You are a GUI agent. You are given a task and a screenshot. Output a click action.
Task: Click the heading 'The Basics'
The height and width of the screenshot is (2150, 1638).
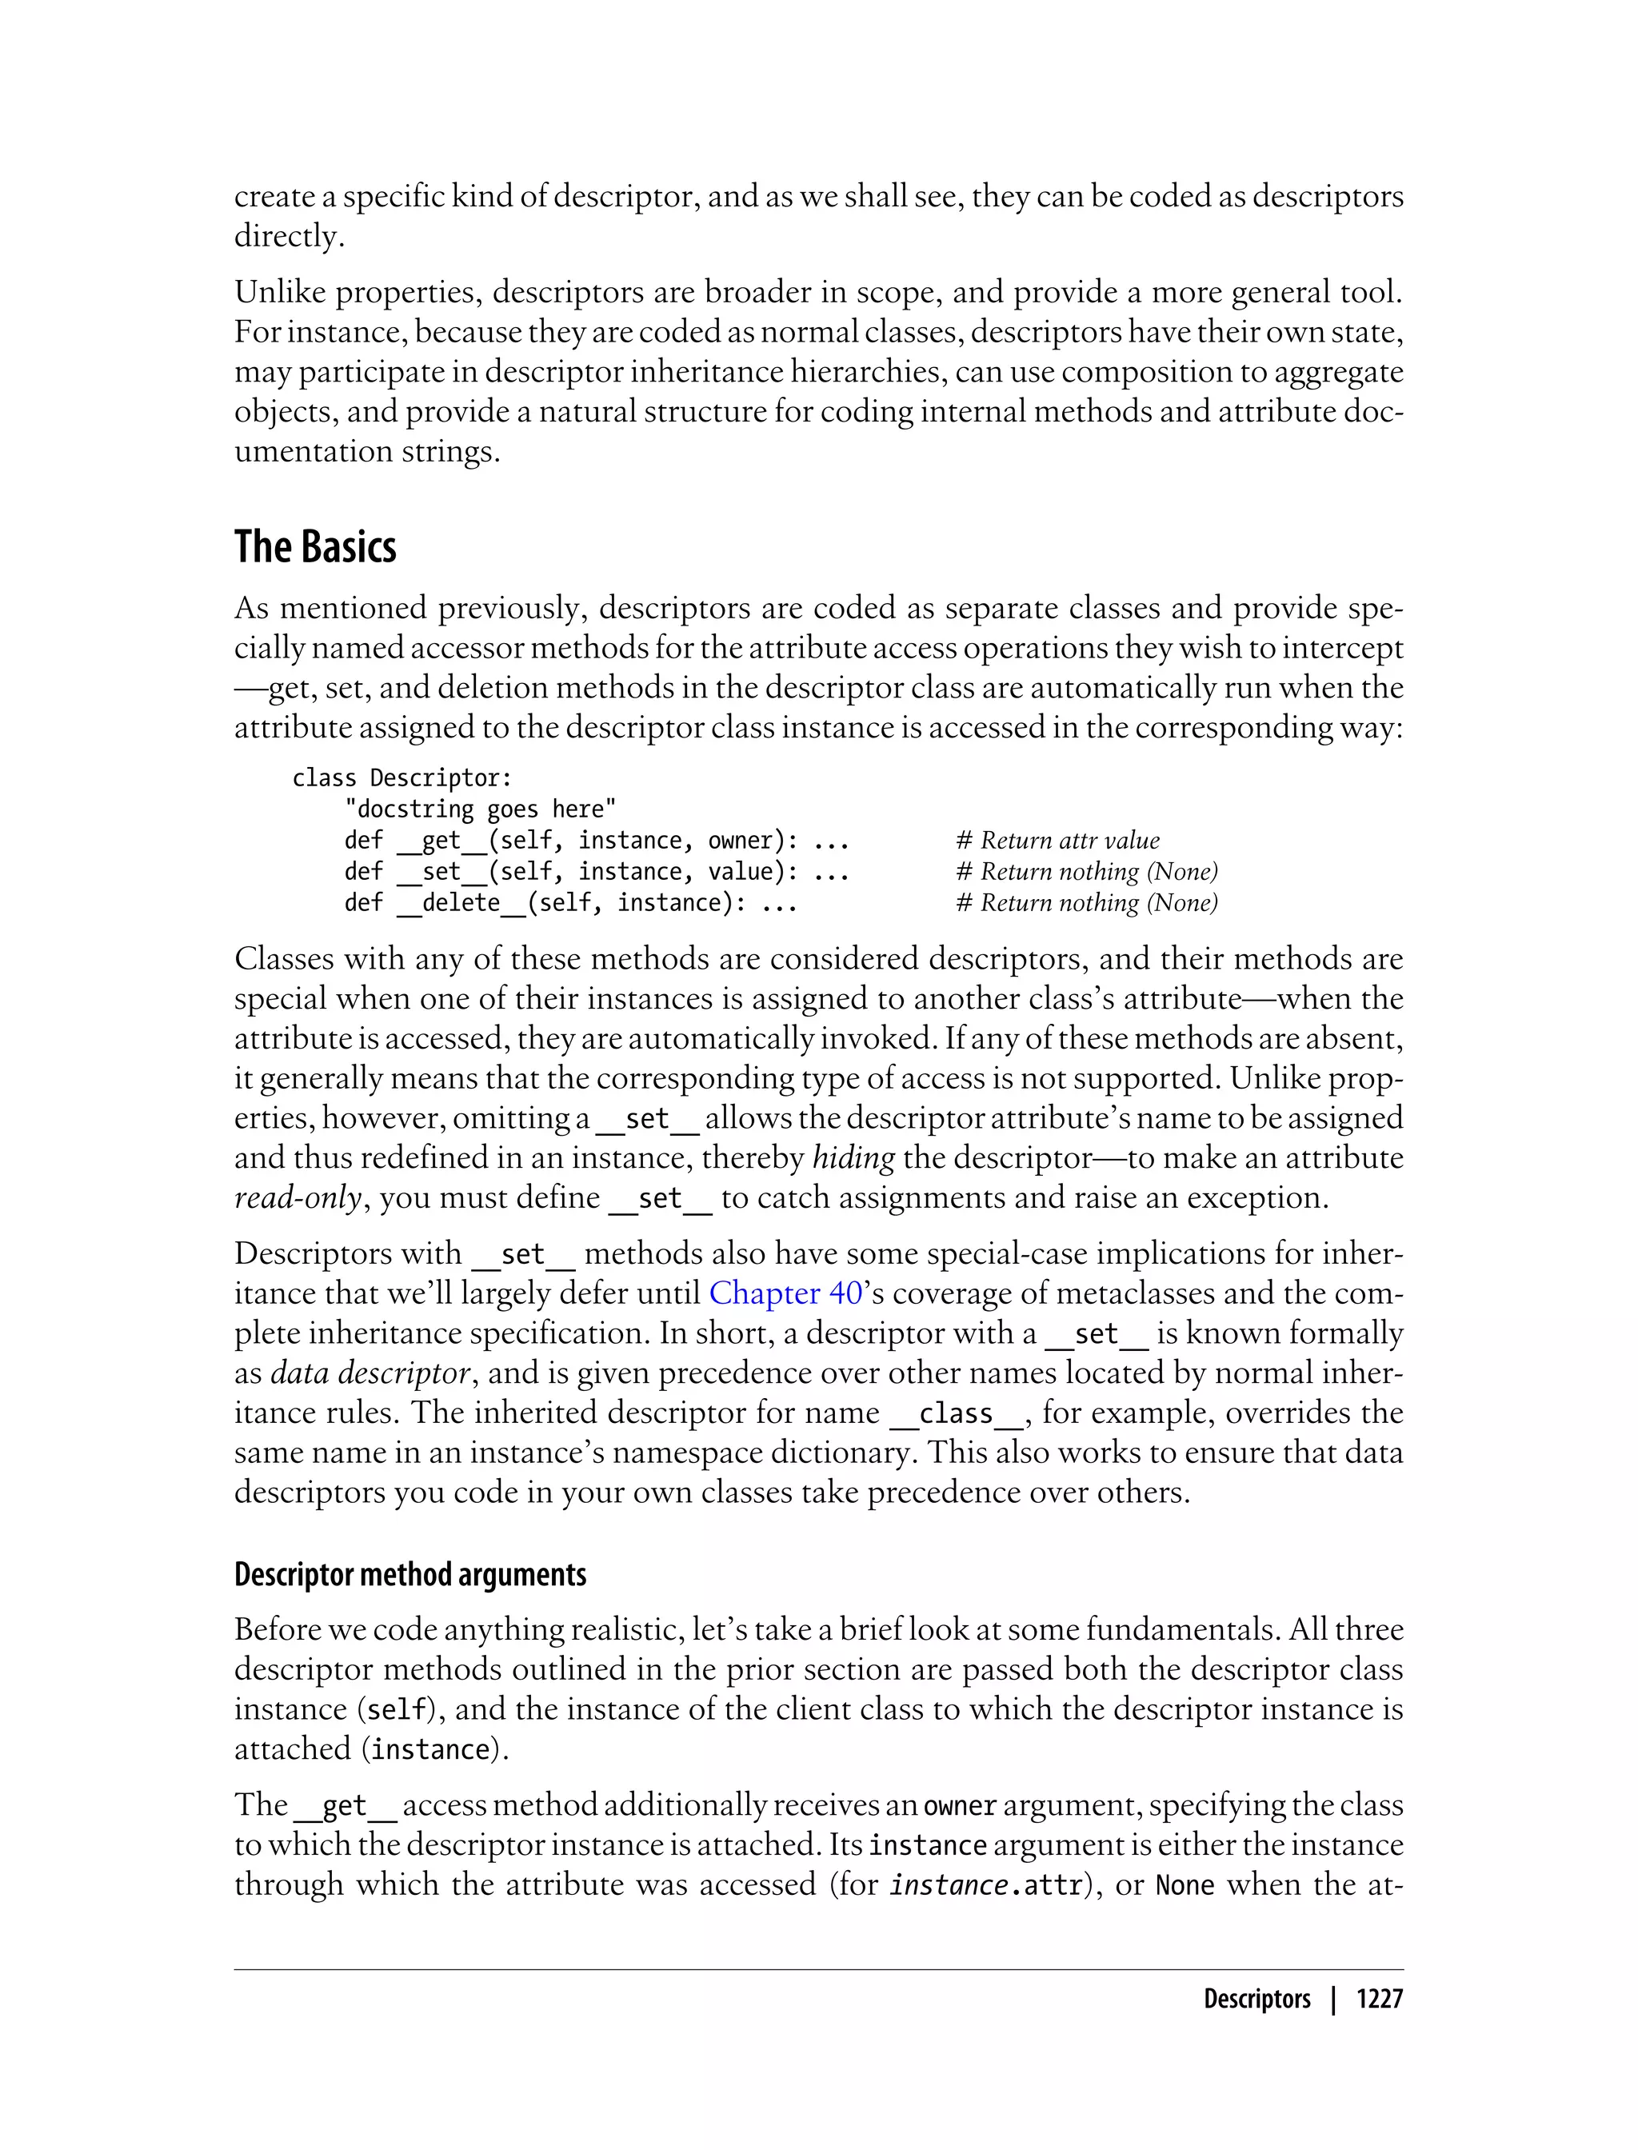[315, 547]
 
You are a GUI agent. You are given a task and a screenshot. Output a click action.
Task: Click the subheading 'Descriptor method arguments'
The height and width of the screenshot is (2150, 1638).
[410, 1574]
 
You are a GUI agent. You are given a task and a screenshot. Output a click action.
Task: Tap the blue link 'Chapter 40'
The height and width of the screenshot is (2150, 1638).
[785, 1293]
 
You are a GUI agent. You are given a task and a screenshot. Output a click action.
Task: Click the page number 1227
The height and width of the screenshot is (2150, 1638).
[1379, 1999]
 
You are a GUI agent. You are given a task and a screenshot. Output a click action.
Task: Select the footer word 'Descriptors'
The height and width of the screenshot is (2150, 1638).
[1256, 1999]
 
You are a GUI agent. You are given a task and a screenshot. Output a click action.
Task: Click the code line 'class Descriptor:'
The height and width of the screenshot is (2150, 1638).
[402, 778]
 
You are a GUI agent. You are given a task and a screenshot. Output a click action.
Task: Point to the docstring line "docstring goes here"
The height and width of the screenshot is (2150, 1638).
[480, 809]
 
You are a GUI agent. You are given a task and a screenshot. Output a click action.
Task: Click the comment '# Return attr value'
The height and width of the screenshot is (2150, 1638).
[1058, 841]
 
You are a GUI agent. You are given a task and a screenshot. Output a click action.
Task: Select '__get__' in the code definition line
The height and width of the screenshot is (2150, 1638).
[441, 841]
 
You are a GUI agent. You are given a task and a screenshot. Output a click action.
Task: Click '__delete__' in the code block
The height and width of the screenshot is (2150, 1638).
[461, 903]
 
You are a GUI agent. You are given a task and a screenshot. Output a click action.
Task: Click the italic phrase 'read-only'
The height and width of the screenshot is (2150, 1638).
[298, 1197]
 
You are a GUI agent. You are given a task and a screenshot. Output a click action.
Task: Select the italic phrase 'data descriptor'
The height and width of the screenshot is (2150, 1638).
[370, 1373]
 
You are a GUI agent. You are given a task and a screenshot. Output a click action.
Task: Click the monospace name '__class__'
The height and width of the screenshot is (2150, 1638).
[956, 1413]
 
